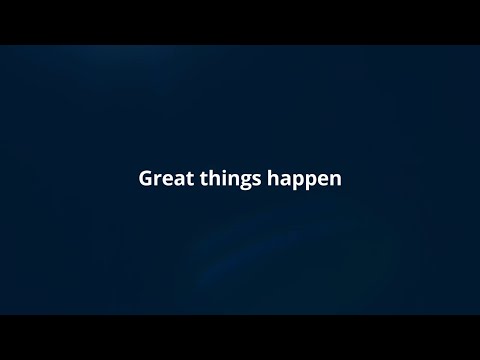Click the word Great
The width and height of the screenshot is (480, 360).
(x=166, y=178)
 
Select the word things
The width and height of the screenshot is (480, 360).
(x=230, y=180)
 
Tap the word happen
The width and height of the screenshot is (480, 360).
(x=304, y=180)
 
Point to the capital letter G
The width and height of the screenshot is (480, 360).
(x=146, y=178)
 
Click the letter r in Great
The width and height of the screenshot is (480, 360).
(x=159, y=180)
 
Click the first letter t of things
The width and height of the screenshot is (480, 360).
(x=203, y=179)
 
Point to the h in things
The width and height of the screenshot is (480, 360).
(x=214, y=178)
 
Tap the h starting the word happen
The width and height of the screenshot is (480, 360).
(x=273, y=178)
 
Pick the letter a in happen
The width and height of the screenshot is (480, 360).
(x=286, y=180)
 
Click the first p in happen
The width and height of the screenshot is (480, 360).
(x=300, y=182)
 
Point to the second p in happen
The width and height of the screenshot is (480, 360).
(x=314, y=182)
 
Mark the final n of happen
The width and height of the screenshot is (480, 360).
(x=337, y=180)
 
